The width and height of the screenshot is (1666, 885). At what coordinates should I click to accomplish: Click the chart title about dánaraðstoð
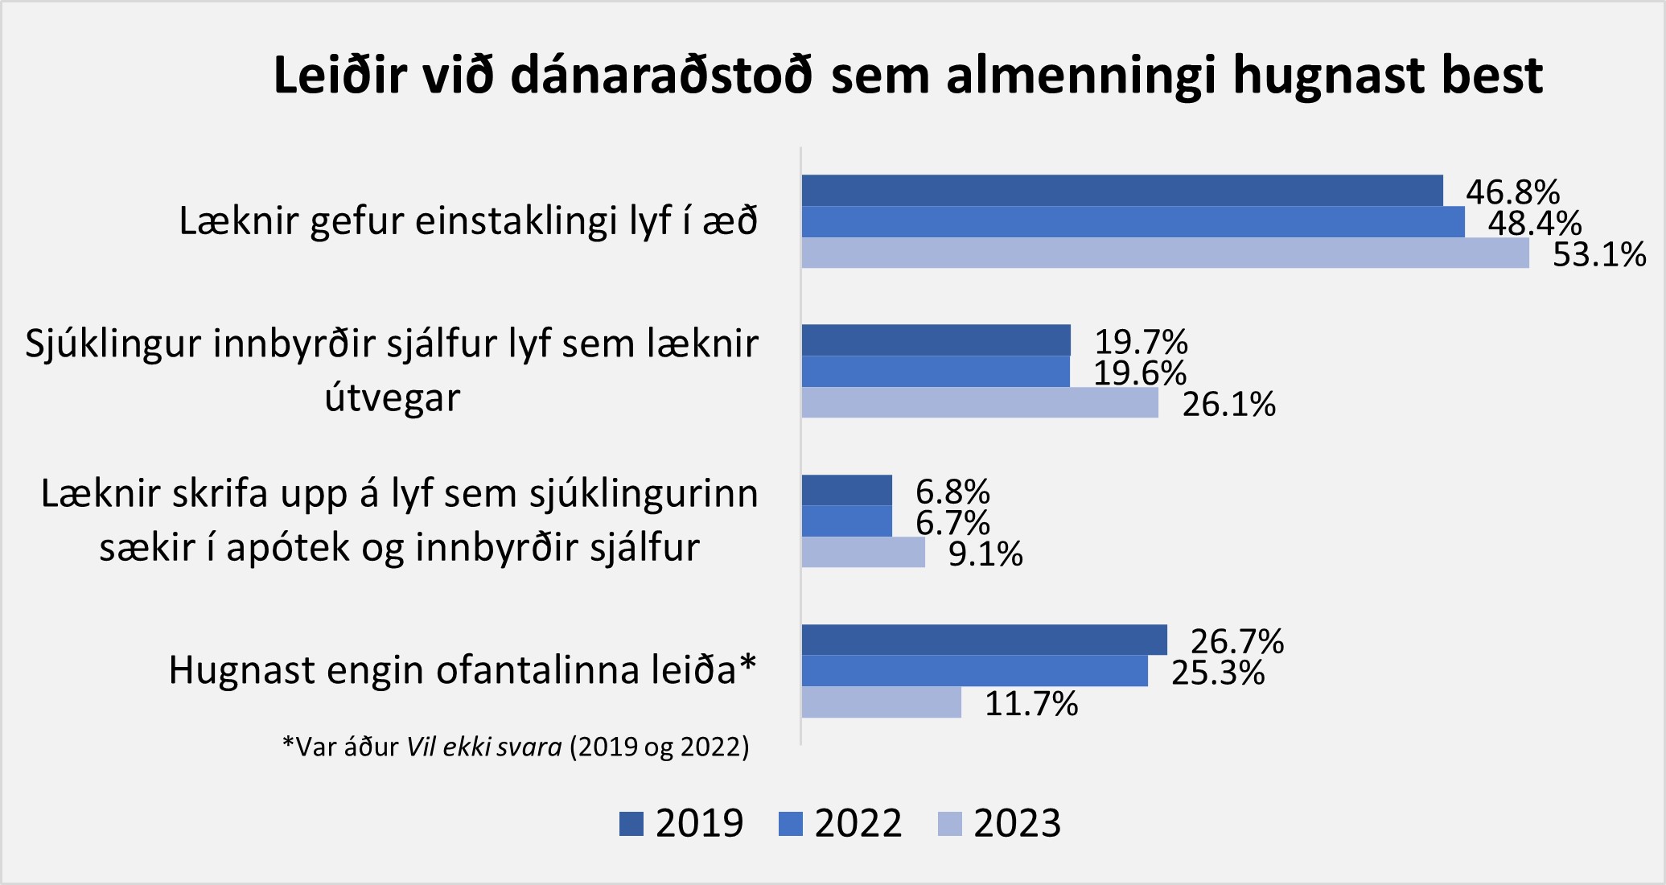pos(907,76)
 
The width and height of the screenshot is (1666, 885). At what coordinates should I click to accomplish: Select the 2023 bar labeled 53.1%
pos(1165,253)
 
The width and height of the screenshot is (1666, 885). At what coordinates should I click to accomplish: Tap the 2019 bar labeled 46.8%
pos(1121,191)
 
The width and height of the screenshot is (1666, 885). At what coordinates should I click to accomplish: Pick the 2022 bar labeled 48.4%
pos(1133,222)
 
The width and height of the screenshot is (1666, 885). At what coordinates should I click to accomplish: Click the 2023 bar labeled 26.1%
pos(980,402)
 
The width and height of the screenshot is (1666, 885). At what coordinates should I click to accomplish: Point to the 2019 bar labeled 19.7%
pos(936,340)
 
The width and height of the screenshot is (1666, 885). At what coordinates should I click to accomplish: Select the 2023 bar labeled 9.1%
pos(863,553)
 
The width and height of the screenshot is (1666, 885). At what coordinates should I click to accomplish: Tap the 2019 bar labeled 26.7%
pos(984,640)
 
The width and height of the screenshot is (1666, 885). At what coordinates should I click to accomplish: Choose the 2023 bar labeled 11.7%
pos(881,702)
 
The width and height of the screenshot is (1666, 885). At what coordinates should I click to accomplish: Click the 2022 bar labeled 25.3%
pos(974,671)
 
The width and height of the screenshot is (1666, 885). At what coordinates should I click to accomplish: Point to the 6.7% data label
pos(952,523)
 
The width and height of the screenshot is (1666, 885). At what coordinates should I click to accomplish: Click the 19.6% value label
pos(1140,373)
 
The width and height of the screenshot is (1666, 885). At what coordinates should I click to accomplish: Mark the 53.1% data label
pos(1599,255)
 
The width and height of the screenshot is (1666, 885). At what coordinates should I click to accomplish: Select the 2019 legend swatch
pos(631,824)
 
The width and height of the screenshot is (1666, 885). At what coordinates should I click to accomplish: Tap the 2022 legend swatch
pos(791,824)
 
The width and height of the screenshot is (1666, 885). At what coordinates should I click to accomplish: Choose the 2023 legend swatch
pos(950,824)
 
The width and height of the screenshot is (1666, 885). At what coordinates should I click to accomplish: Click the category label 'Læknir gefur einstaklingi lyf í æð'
pos(468,221)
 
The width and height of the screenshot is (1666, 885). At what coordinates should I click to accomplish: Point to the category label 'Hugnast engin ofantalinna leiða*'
pos(463,669)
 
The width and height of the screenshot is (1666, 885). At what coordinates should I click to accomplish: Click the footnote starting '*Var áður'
pos(516,747)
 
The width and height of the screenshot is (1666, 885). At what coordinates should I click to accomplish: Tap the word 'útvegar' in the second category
pos(393,397)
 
